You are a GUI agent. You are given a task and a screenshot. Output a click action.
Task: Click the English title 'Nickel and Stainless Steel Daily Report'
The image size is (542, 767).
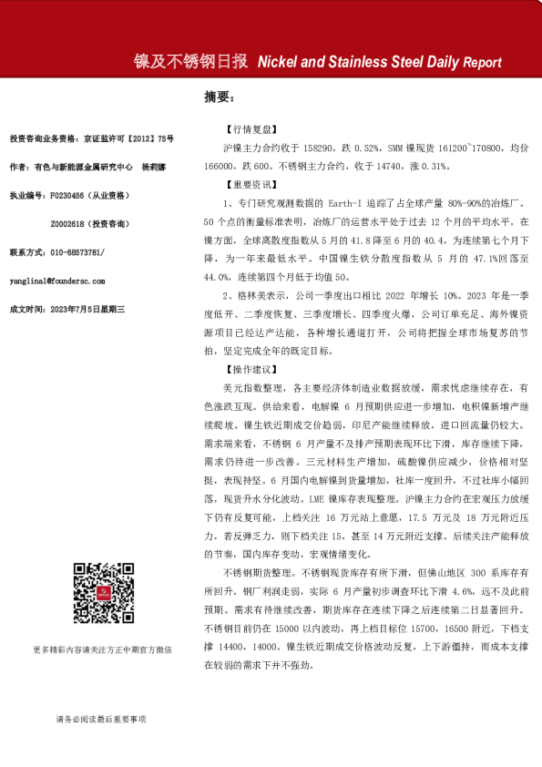point(380,63)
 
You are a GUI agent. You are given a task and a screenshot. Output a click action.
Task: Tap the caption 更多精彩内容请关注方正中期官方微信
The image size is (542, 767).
point(101,649)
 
